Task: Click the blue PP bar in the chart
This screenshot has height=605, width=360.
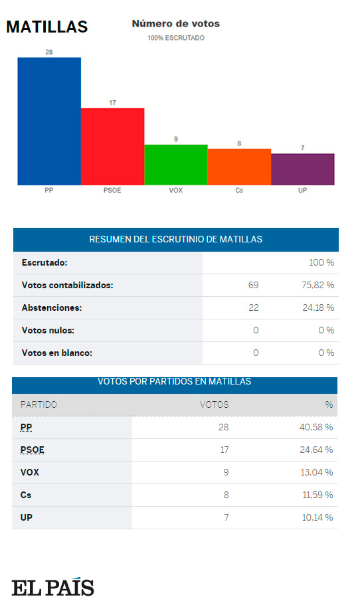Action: pyautogui.click(x=49, y=121)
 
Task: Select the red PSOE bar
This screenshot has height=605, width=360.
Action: pyautogui.click(x=112, y=146)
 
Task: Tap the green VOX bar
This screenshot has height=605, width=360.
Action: pyautogui.click(x=175, y=164)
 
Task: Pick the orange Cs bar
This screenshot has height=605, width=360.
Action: pyautogui.click(x=239, y=167)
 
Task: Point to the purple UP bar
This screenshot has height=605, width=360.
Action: pyautogui.click(x=302, y=169)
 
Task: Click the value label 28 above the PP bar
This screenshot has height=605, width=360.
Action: pyautogui.click(x=49, y=52)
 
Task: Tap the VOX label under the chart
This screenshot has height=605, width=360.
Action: pyautogui.click(x=175, y=191)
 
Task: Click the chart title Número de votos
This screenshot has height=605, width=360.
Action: pyautogui.click(x=175, y=24)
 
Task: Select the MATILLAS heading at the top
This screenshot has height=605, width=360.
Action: pyautogui.click(x=46, y=27)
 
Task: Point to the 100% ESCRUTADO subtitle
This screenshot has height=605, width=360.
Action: pyautogui.click(x=175, y=38)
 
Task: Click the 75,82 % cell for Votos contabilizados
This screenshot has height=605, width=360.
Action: pyautogui.click(x=317, y=285)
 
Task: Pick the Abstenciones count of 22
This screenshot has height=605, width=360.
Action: pyautogui.click(x=253, y=307)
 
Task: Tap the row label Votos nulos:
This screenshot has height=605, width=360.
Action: pyautogui.click(x=48, y=330)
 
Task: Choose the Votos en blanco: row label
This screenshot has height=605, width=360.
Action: pyautogui.click(x=57, y=353)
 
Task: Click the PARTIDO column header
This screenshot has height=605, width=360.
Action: pyautogui.click(x=39, y=404)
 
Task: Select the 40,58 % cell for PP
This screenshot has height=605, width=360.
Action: pyautogui.click(x=316, y=427)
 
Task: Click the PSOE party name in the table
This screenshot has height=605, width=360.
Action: pyautogui.click(x=33, y=450)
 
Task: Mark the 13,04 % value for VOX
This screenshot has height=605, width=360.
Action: pyautogui.click(x=316, y=472)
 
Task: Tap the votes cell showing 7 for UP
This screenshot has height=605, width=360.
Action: pyautogui.click(x=226, y=517)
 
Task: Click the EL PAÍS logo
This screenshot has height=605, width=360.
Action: pyautogui.click(x=52, y=587)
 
